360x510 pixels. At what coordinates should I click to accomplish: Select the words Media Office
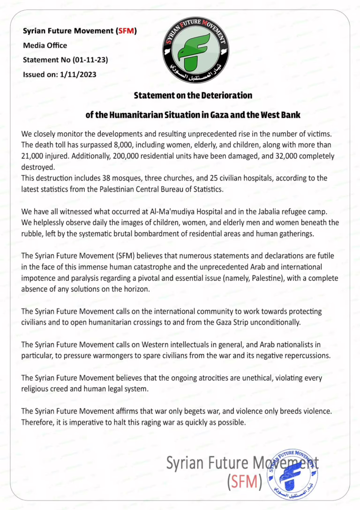[x=45, y=45]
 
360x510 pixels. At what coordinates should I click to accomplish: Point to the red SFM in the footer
[x=243, y=481]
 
